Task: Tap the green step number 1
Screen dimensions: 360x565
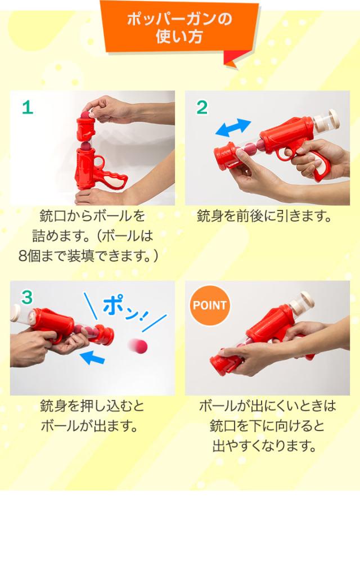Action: coord(28,107)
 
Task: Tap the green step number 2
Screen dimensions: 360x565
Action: coord(202,107)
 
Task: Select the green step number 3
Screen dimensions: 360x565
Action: coord(27,298)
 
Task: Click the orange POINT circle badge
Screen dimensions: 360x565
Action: coord(209,305)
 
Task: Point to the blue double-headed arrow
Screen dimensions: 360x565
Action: coord(233,128)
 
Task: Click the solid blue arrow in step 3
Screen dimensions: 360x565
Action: coord(92,357)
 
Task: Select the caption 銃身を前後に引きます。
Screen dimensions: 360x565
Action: coord(264,216)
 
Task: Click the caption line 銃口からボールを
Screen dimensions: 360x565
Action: coord(92,216)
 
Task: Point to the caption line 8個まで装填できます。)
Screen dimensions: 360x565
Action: coord(88,256)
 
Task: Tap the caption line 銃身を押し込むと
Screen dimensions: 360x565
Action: coord(92,406)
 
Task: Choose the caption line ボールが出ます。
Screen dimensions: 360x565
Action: coord(89,426)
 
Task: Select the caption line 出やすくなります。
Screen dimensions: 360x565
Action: coord(264,446)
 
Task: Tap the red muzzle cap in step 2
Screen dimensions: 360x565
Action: coord(227,155)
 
